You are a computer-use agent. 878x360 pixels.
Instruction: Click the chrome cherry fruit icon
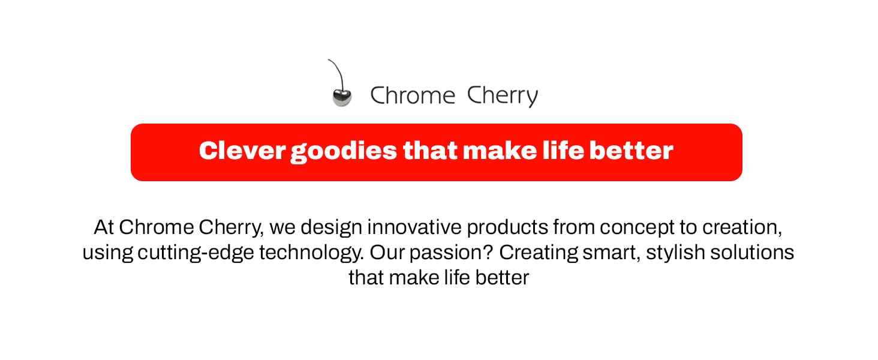pyautogui.click(x=341, y=98)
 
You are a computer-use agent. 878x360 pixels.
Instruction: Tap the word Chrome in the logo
pyautogui.click(x=413, y=96)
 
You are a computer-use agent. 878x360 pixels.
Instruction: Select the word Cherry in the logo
pyautogui.click(x=502, y=96)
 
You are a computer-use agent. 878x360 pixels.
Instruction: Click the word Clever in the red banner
pyautogui.click(x=242, y=151)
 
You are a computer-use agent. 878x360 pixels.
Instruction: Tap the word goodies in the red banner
pyautogui.click(x=344, y=151)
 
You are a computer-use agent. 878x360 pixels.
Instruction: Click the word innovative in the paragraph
pyautogui.click(x=414, y=228)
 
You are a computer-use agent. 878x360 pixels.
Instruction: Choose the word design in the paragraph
pyautogui.click(x=332, y=228)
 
